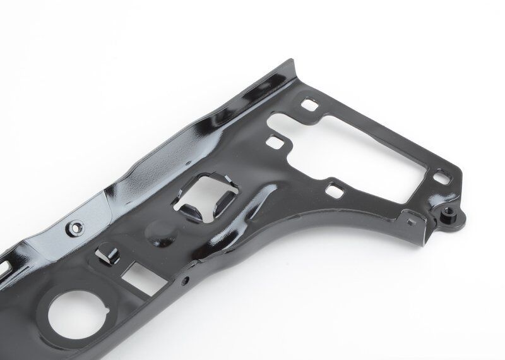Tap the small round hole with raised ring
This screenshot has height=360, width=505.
(76, 225)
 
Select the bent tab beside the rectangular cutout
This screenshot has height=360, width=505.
(107, 256)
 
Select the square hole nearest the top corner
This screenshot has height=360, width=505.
(309, 102)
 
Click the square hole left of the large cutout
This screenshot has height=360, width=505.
(275, 141)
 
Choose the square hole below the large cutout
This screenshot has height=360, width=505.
(333, 188)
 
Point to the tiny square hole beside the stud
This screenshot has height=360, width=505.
(411, 220)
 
